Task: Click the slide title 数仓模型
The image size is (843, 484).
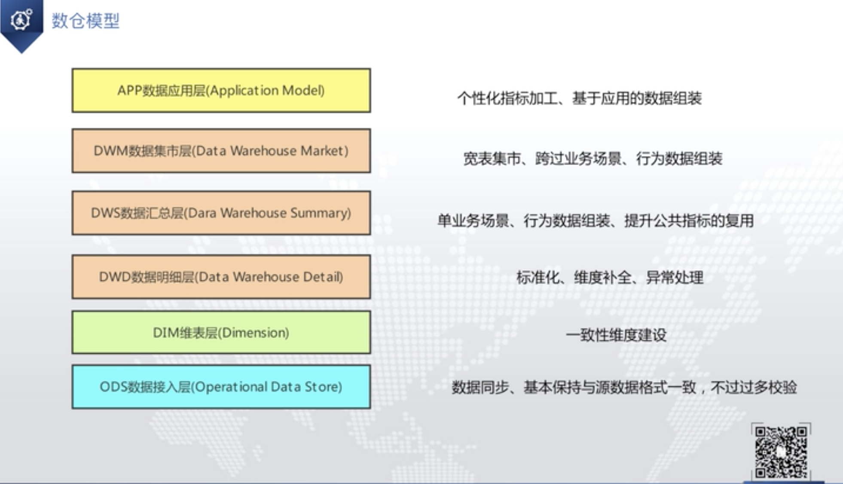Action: coord(86,21)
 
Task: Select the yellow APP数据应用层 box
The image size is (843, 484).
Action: coord(221,91)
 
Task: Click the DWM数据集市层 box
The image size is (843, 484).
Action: coord(221,151)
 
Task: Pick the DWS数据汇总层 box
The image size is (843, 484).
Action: coord(221,213)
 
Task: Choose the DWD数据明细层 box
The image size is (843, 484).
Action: coord(221,277)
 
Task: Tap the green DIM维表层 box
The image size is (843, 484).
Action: coord(221,333)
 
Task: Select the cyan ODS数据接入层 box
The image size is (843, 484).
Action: coord(221,387)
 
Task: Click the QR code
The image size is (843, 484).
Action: coord(781,451)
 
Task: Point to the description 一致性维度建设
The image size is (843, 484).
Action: coord(616,335)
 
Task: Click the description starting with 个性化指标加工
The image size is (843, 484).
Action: coord(579,98)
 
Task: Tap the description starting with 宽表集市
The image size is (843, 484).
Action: coord(593,159)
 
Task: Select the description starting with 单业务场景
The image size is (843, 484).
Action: coord(596,221)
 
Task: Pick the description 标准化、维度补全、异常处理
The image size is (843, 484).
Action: coord(610,278)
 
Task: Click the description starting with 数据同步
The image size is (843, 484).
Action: coord(624,387)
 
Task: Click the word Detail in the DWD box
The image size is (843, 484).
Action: coord(321,277)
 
